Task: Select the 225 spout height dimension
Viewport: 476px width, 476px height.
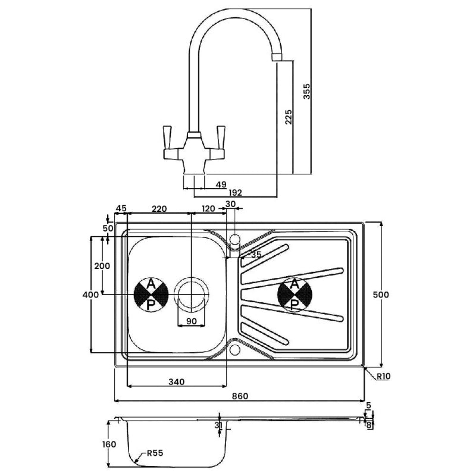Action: point(287,117)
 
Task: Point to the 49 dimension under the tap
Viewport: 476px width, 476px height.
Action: point(221,185)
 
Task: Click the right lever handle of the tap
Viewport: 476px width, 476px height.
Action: point(221,134)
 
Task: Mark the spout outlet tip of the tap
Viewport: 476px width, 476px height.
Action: point(277,57)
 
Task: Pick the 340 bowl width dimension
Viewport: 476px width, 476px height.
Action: point(176,381)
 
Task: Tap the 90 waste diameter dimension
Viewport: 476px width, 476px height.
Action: point(191,322)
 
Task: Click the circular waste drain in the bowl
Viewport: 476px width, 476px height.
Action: point(191,295)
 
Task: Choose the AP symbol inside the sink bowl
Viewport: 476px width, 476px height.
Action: point(151,295)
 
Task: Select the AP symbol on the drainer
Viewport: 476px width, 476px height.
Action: point(295,295)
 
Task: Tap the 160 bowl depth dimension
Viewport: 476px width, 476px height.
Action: point(108,444)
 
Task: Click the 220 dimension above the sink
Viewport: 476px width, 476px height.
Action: point(159,208)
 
